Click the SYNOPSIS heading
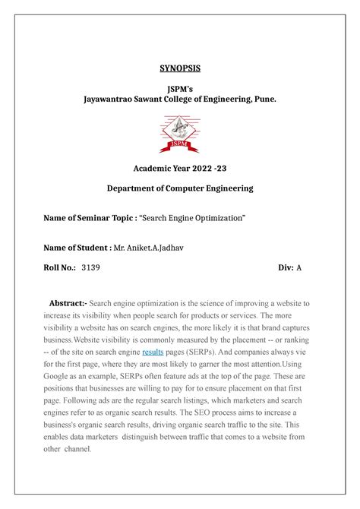point(180,68)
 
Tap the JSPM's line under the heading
point(180,88)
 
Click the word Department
point(137,188)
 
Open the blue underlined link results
point(153,353)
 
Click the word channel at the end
point(77,448)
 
